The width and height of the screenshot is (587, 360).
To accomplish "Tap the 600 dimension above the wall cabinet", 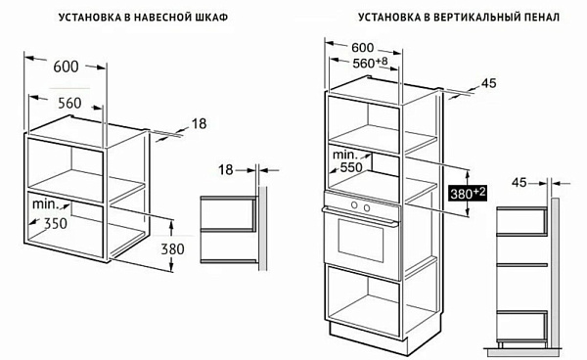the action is [x=66, y=67].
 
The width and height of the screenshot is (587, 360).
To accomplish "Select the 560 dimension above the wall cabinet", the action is [x=69, y=103].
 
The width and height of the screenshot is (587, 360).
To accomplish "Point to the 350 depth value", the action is [x=56, y=223].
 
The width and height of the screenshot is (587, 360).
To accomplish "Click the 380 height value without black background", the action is [x=172, y=248].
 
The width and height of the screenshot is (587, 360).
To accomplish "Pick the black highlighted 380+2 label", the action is [x=468, y=193].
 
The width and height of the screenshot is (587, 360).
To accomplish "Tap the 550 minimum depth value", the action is [x=351, y=167].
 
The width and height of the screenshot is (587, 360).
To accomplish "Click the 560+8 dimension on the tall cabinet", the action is [x=370, y=63].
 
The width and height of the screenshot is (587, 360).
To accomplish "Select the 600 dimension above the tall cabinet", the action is [x=363, y=48].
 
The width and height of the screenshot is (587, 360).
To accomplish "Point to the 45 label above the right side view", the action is [x=519, y=183].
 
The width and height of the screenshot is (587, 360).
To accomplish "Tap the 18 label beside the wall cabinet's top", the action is [x=200, y=124].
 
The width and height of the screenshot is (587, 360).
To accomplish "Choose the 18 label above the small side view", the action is [x=226, y=170].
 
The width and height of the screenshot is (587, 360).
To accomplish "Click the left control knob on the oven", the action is [x=354, y=204].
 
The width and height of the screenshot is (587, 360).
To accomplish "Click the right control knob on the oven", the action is [x=367, y=207].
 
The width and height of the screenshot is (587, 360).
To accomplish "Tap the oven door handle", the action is [x=360, y=216].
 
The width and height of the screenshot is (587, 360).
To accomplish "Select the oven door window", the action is [x=361, y=241].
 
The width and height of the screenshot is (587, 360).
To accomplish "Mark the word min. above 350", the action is [x=46, y=203].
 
